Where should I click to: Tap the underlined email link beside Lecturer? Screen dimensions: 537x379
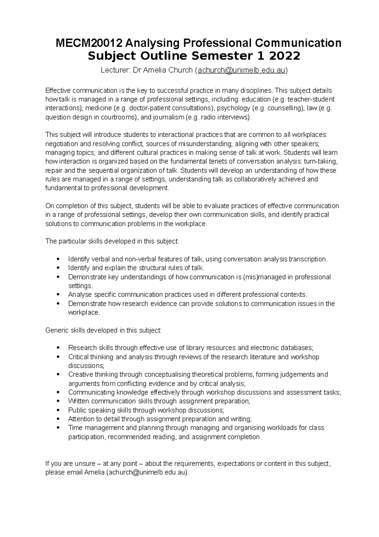pos(242,70)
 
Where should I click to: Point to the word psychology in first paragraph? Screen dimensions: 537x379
pos(234,108)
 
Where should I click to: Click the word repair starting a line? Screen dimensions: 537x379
pos(53,170)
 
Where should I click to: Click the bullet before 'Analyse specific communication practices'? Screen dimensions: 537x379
pos(57,294)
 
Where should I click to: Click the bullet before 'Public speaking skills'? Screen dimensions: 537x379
pos(57,410)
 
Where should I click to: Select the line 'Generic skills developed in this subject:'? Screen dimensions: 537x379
pos(103,330)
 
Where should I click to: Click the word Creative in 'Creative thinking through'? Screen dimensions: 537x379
pos(78,374)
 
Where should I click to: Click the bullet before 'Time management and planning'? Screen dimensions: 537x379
pos(57,428)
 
